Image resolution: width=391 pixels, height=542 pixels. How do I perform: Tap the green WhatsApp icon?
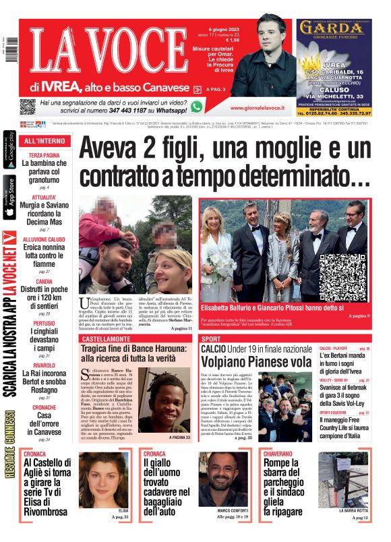coord(197,107)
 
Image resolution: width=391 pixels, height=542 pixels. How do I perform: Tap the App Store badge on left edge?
coord(9,197)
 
